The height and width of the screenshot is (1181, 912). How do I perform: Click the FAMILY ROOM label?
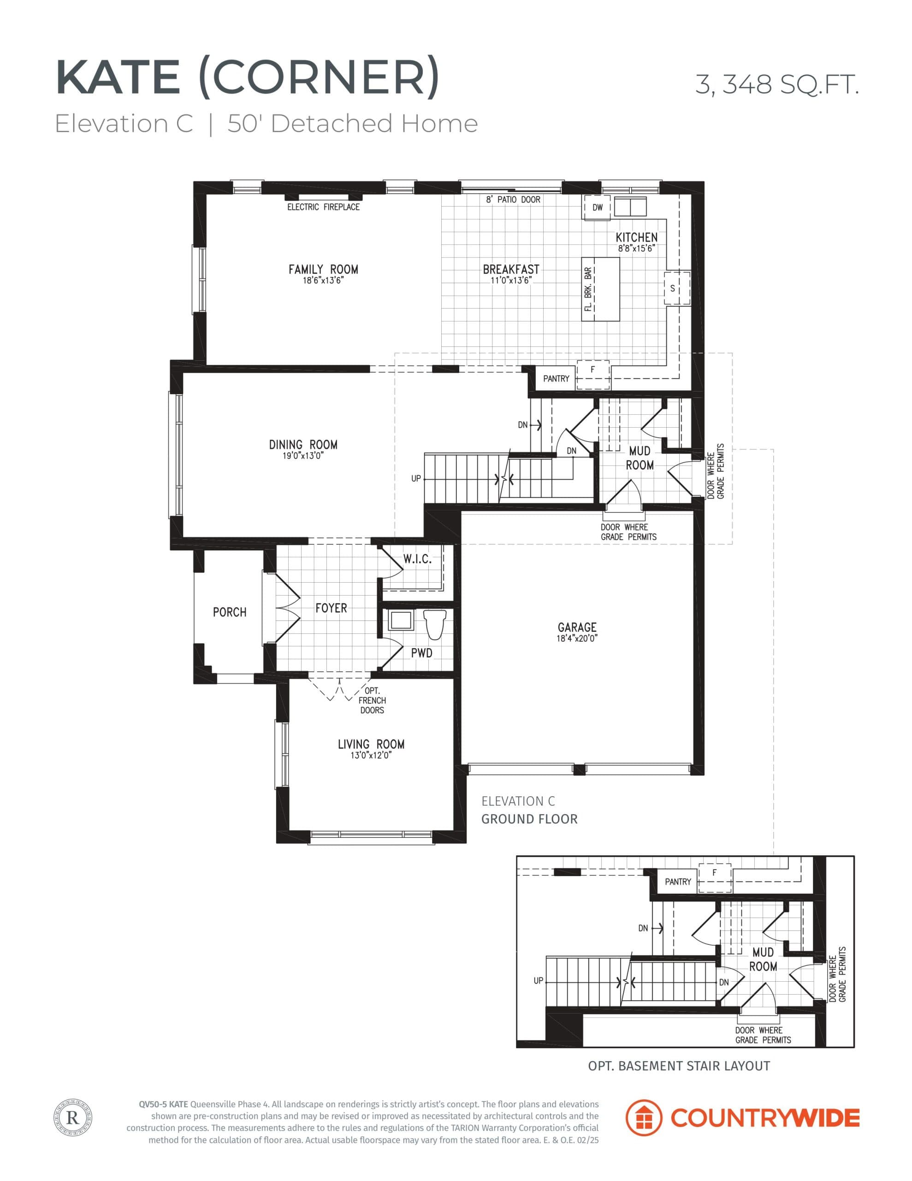click(323, 269)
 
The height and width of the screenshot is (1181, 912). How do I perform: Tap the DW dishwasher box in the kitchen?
click(597, 208)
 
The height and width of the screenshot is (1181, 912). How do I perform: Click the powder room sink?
click(401, 621)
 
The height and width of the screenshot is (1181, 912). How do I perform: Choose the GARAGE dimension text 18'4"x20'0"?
click(577, 638)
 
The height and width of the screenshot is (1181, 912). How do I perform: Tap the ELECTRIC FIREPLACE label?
click(323, 207)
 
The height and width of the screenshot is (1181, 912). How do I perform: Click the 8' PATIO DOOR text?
click(513, 200)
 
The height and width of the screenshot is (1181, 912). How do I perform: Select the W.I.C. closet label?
click(417, 560)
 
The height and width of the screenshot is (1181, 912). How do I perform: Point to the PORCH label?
click(229, 612)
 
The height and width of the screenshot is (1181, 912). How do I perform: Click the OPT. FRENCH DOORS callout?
click(372, 700)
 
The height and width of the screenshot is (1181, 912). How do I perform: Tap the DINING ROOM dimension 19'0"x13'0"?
click(303, 456)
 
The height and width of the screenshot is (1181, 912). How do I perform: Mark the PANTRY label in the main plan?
click(556, 379)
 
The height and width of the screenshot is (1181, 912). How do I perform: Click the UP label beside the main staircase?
click(416, 478)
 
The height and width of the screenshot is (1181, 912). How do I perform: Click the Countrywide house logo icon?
click(643, 1117)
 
